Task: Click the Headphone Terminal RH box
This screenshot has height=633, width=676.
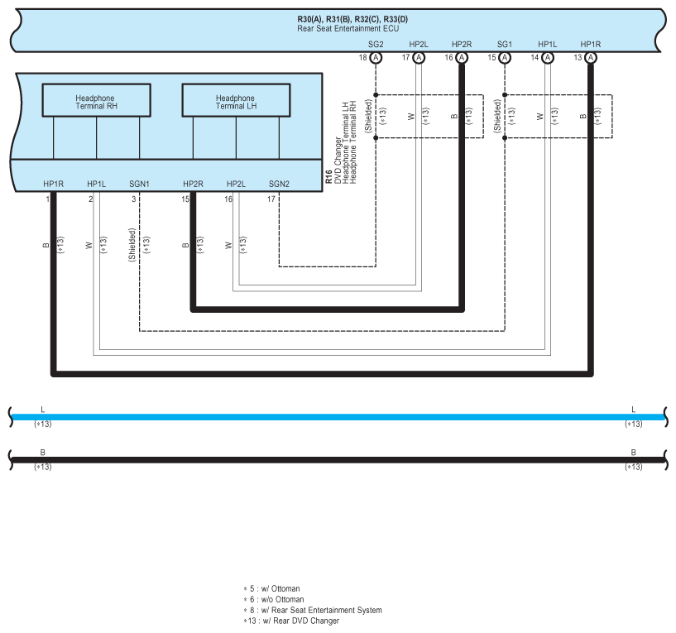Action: (96, 102)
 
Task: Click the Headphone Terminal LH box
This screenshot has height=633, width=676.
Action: (236, 102)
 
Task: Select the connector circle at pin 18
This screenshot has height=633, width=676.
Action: (376, 58)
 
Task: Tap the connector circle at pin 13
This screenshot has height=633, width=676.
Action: (591, 58)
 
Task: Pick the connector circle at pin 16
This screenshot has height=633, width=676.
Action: (462, 58)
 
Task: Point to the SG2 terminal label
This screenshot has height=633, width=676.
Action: (376, 43)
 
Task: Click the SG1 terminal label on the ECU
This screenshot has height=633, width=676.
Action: (505, 43)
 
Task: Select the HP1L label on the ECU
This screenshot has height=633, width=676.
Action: (548, 43)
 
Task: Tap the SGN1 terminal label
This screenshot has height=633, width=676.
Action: (140, 183)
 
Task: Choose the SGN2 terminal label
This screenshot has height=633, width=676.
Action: (279, 183)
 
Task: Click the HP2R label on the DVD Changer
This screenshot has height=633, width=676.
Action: (193, 183)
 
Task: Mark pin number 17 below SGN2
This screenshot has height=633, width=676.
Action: (271, 199)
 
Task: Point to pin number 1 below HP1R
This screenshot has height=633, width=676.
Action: (48, 199)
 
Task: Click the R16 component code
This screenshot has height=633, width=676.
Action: (328, 176)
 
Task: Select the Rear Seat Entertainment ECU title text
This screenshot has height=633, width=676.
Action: (348, 28)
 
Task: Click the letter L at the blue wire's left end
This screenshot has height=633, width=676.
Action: (42, 409)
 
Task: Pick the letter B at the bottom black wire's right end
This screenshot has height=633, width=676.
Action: (633, 452)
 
